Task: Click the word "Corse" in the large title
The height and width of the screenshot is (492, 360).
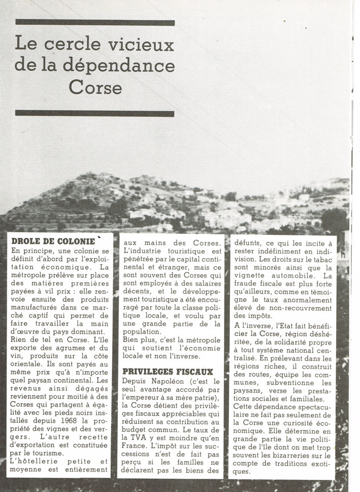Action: point(95,87)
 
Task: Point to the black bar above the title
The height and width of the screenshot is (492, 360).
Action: point(95,22)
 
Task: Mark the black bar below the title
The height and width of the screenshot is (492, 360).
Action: point(95,113)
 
